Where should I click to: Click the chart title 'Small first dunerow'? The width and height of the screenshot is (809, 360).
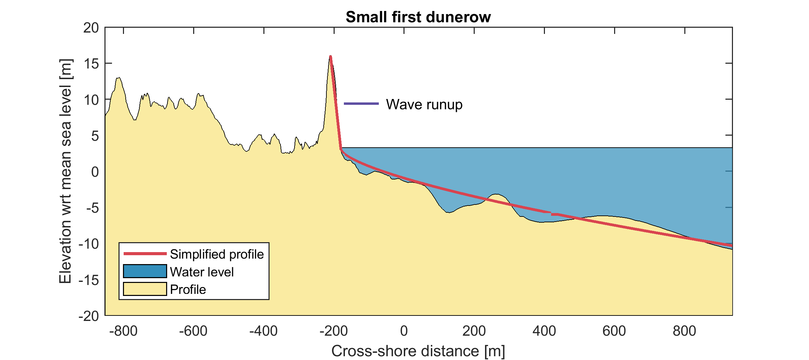point(418,17)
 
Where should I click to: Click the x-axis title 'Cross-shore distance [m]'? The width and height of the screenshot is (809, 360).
point(418,351)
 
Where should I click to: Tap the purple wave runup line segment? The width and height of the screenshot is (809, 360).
point(361,103)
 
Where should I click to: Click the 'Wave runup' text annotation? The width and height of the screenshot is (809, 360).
point(424,104)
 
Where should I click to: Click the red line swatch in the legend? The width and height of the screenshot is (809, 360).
point(145,253)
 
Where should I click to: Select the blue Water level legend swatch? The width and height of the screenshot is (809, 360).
point(145,271)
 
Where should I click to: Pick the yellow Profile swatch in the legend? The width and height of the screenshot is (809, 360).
point(145,289)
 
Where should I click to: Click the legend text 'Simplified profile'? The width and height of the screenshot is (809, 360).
point(217,254)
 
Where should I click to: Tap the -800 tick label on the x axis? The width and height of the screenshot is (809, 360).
point(123,331)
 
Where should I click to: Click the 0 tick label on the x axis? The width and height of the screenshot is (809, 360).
point(404,331)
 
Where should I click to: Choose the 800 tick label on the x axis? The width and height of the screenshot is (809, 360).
point(684,331)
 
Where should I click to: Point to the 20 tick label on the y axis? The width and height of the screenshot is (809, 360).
point(91,28)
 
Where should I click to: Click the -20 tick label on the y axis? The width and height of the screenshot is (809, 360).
point(88,316)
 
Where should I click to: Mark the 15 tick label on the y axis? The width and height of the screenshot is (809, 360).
point(91,64)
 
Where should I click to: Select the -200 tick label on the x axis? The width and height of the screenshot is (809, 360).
point(334,331)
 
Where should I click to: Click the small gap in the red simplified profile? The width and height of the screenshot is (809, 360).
point(551,213)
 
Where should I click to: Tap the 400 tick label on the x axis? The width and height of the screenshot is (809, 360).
point(544,331)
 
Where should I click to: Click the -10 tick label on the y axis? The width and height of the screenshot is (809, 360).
point(88,244)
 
